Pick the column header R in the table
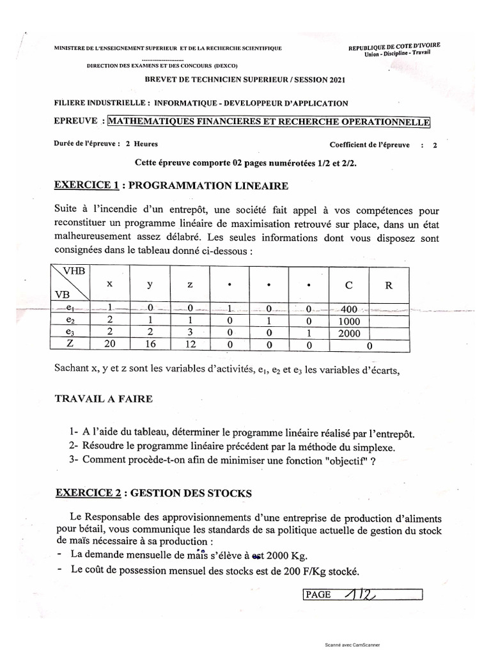(388, 286)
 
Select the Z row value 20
(109, 345)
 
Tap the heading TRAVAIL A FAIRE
(103, 399)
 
